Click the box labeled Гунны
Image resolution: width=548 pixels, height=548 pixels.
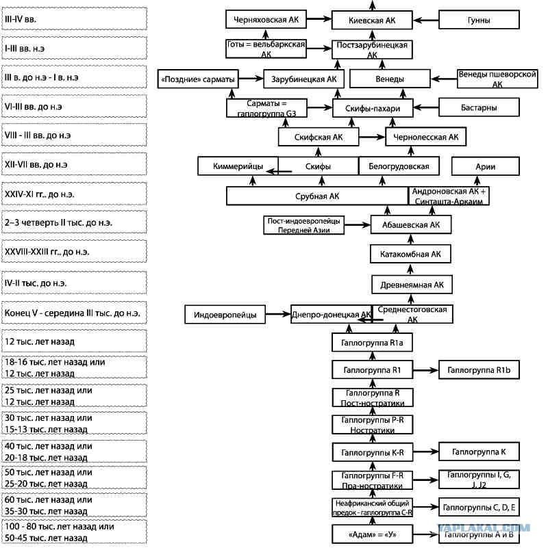click(479, 20)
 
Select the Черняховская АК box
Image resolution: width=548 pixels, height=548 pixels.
click(266, 19)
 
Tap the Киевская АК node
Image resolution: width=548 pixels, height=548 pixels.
click(372, 20)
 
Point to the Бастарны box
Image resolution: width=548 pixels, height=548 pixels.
click(479, 107)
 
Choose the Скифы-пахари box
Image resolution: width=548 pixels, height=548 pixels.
click(373, 108)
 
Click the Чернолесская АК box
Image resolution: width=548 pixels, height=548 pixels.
click(425, 137)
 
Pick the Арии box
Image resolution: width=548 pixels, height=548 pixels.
click(486, 166)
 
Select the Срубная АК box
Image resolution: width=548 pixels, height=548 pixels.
click(317, 196)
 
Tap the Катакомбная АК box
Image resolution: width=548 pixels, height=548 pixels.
click(410, 254)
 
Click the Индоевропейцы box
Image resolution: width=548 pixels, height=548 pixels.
click(225, 314)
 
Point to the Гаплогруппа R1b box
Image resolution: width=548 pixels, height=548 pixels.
click(479, 369)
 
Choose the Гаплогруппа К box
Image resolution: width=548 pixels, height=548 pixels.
click(479, 452)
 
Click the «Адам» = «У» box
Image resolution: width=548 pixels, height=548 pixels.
click(373, 534)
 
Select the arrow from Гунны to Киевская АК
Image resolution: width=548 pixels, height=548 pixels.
click(426, 20)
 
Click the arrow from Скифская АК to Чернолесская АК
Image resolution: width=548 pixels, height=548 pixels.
click(372, 137)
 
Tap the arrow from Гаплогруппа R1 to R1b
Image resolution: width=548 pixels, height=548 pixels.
click(425, 370)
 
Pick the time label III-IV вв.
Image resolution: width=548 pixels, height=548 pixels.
click(21, 19)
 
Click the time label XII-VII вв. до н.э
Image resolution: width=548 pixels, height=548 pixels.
click(36, 164)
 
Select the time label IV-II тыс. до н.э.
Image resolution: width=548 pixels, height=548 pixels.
click(36, 283)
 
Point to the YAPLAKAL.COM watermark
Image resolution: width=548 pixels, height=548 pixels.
click(484, 527)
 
